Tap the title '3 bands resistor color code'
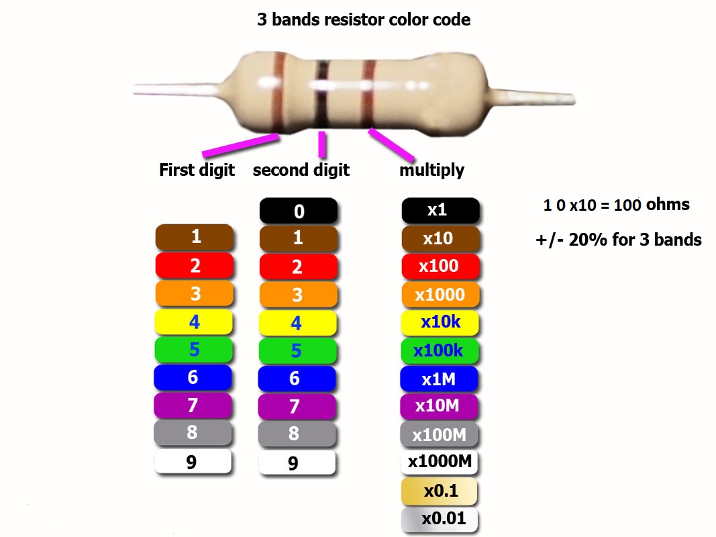click(x=364, y=19)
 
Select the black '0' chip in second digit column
click(x=299, y=211)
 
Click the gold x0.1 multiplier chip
click(x=440, y=491)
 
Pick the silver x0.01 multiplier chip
click(x=440, y=519)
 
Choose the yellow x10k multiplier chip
click(x=440, y=322)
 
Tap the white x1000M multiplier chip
click(x=440, y=462)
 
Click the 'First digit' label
click(x=197, y=170)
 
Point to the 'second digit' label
click(x=301, y=170)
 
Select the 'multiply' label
click(x=431, y=170)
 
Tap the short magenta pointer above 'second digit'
click(x=322, y=144)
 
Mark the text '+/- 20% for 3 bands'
click(x=618, y=240)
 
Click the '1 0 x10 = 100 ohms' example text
click(x=616, y=205)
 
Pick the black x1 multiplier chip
click(x=440, y=210)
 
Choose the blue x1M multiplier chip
click(x=439, y=379)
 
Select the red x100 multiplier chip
click(x=440, y=266)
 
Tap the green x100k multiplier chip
click(x=439, y=350)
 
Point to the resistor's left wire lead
click(x=174, y=89)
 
